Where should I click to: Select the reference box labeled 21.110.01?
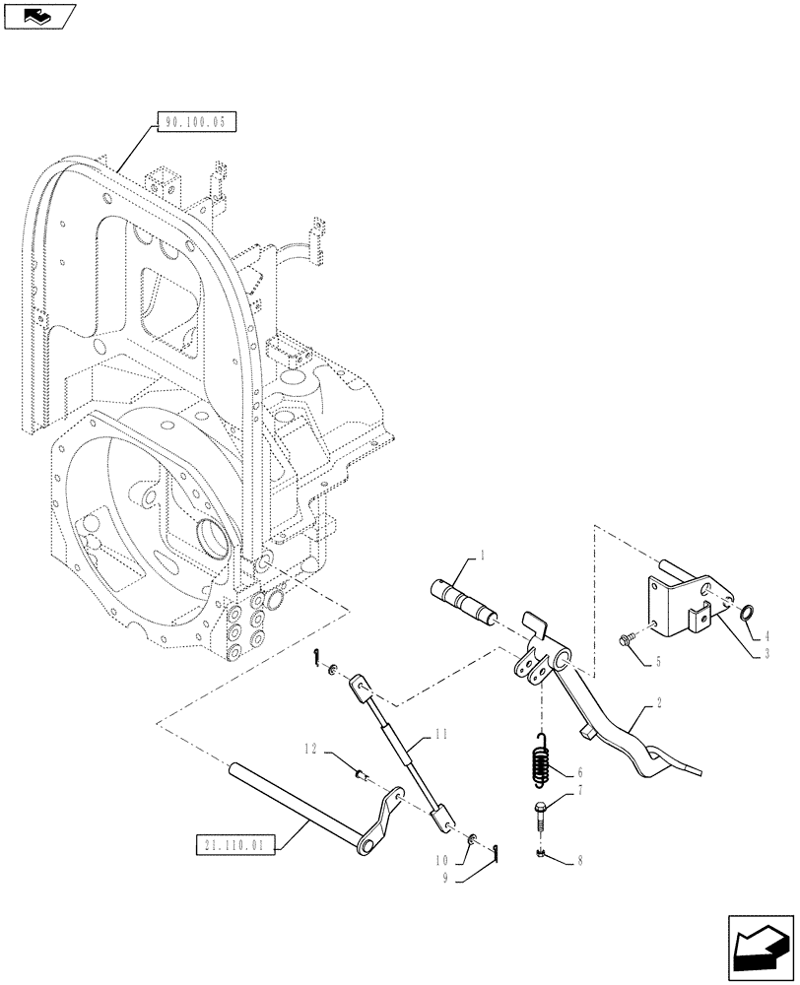233,843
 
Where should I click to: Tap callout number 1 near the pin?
483,558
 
